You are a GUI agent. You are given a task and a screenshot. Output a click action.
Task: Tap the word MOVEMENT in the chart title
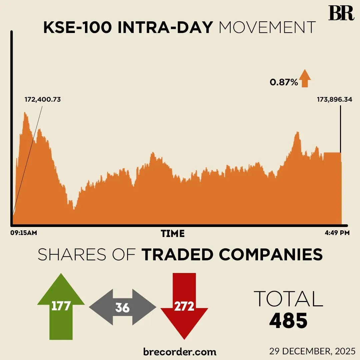[267, 28]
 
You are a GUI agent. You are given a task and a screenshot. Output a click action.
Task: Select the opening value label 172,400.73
[43, 99]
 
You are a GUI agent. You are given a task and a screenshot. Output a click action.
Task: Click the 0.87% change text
[284, 82]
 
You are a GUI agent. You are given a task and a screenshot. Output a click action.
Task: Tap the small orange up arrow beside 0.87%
[305, 79]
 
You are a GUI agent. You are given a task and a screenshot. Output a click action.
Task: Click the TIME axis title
[172, 234]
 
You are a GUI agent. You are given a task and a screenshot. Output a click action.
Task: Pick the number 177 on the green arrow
[61, 305]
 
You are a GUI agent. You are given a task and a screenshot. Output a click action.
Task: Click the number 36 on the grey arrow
[122, 308]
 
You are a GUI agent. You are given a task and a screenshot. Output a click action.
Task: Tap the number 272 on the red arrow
[184, 306]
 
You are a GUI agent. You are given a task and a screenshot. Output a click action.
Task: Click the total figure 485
[288, 321]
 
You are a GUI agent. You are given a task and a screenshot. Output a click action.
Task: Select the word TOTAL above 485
[288, 299]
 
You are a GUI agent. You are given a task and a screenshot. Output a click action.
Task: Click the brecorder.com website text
[180, 351]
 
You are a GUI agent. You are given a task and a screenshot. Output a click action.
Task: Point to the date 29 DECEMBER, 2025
[312, 351]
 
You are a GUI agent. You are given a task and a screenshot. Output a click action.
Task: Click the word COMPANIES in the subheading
[271, 255]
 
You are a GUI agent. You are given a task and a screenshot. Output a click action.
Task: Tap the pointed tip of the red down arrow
[184, 339]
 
